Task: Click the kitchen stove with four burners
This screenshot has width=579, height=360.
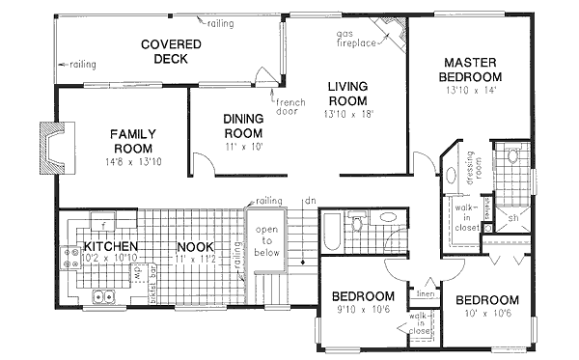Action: [x=70, y=258]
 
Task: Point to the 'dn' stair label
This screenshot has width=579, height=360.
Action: [x=308, y=203]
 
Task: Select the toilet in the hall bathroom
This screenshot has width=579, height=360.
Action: [x=359, y=225]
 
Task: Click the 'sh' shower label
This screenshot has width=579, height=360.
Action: [x=512, y=219]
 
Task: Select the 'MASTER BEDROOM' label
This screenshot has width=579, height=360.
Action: [x=470, y=69]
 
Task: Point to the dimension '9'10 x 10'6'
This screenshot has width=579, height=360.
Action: [x=364, y=310]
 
